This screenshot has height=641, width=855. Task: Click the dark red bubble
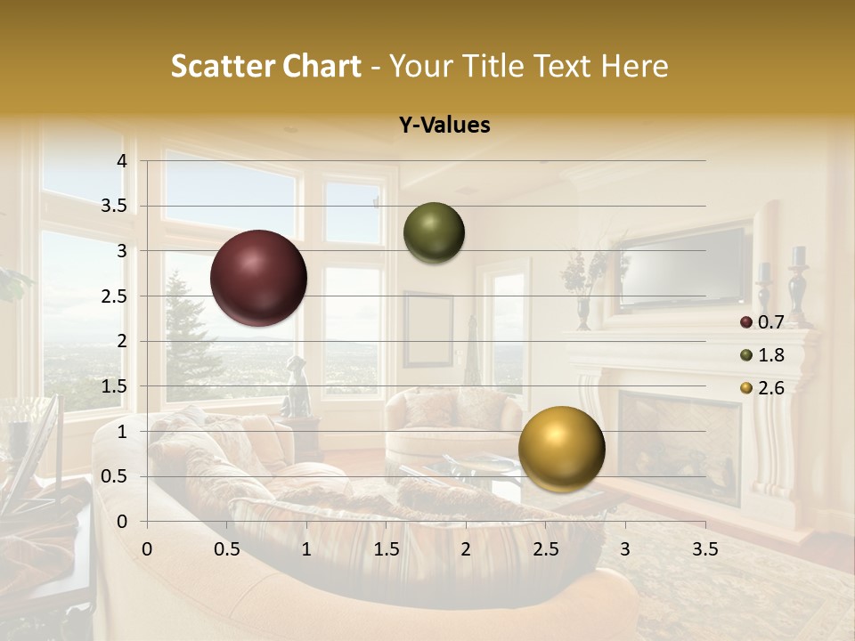258,278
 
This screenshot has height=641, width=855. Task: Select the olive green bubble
434,233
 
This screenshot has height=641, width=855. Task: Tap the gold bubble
561,448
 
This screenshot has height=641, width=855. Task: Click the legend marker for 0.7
746,322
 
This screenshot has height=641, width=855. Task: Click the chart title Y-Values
444,126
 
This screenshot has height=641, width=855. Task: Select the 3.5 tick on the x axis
704,549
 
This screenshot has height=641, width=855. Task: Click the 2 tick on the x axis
466,549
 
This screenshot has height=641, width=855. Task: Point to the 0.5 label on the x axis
227,549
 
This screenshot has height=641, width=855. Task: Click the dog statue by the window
296,388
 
